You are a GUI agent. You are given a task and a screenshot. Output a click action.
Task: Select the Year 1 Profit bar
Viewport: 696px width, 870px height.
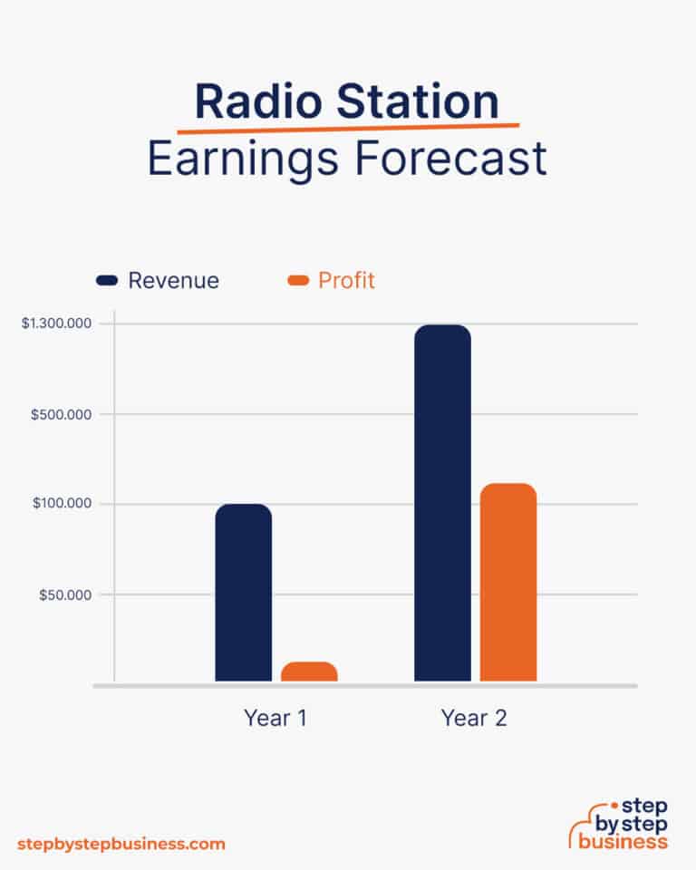309,672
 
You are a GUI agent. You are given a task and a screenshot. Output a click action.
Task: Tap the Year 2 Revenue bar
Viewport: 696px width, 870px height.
442,502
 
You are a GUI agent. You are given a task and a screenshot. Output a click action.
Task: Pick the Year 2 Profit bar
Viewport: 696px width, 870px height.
507,582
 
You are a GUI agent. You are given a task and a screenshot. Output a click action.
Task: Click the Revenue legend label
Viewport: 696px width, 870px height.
173,281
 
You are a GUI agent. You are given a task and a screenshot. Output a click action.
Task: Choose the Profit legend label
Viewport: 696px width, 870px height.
346,281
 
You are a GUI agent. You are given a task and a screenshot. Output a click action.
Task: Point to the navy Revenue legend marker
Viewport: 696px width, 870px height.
108,281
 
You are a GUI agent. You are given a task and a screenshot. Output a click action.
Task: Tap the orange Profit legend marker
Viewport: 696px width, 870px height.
298,281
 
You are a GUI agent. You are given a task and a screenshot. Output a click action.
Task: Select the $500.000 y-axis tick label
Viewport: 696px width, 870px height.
63,414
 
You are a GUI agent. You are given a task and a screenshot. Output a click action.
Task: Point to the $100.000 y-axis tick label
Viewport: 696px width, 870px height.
63,504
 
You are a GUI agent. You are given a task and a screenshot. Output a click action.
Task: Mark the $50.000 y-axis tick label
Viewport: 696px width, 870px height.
65,594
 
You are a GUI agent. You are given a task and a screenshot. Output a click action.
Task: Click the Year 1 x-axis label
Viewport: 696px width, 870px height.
275,719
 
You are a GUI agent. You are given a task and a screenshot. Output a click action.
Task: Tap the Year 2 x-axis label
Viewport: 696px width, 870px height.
474,719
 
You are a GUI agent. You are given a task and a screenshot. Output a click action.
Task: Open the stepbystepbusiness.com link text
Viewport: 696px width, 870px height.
121,844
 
